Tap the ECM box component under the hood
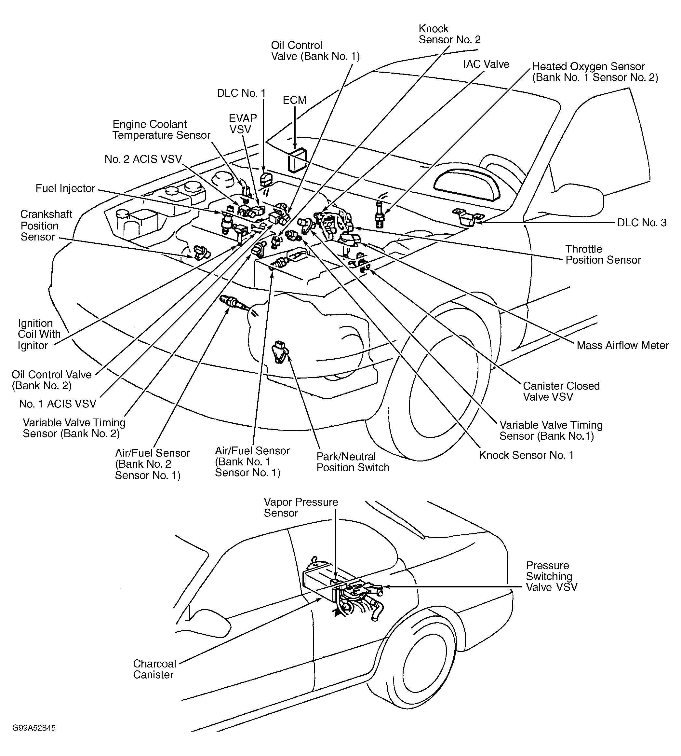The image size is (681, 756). click(x=297, y=159)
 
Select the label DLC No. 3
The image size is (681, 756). click(x=642, y=223)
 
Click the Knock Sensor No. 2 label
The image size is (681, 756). click(x=449, y=34)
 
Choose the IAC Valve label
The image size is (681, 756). click(x=486, y=64)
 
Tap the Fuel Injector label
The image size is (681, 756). click(x=65, y=188)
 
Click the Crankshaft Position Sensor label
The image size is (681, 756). click(x=46, y=226)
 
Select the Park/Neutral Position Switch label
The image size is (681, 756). click(x=353, y=462)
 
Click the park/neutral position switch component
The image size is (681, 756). click(x=280, y=351)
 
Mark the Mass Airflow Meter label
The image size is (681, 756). click(x=622, y=345)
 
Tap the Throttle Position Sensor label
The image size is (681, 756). click(x=603, y=254)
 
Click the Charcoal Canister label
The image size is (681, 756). click(x=154, y=669)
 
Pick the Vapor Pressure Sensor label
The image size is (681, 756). click(x=300, y=507)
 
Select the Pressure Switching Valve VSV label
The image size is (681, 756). click(x=551, y=576)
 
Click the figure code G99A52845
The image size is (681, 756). click(x=34, y=728)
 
